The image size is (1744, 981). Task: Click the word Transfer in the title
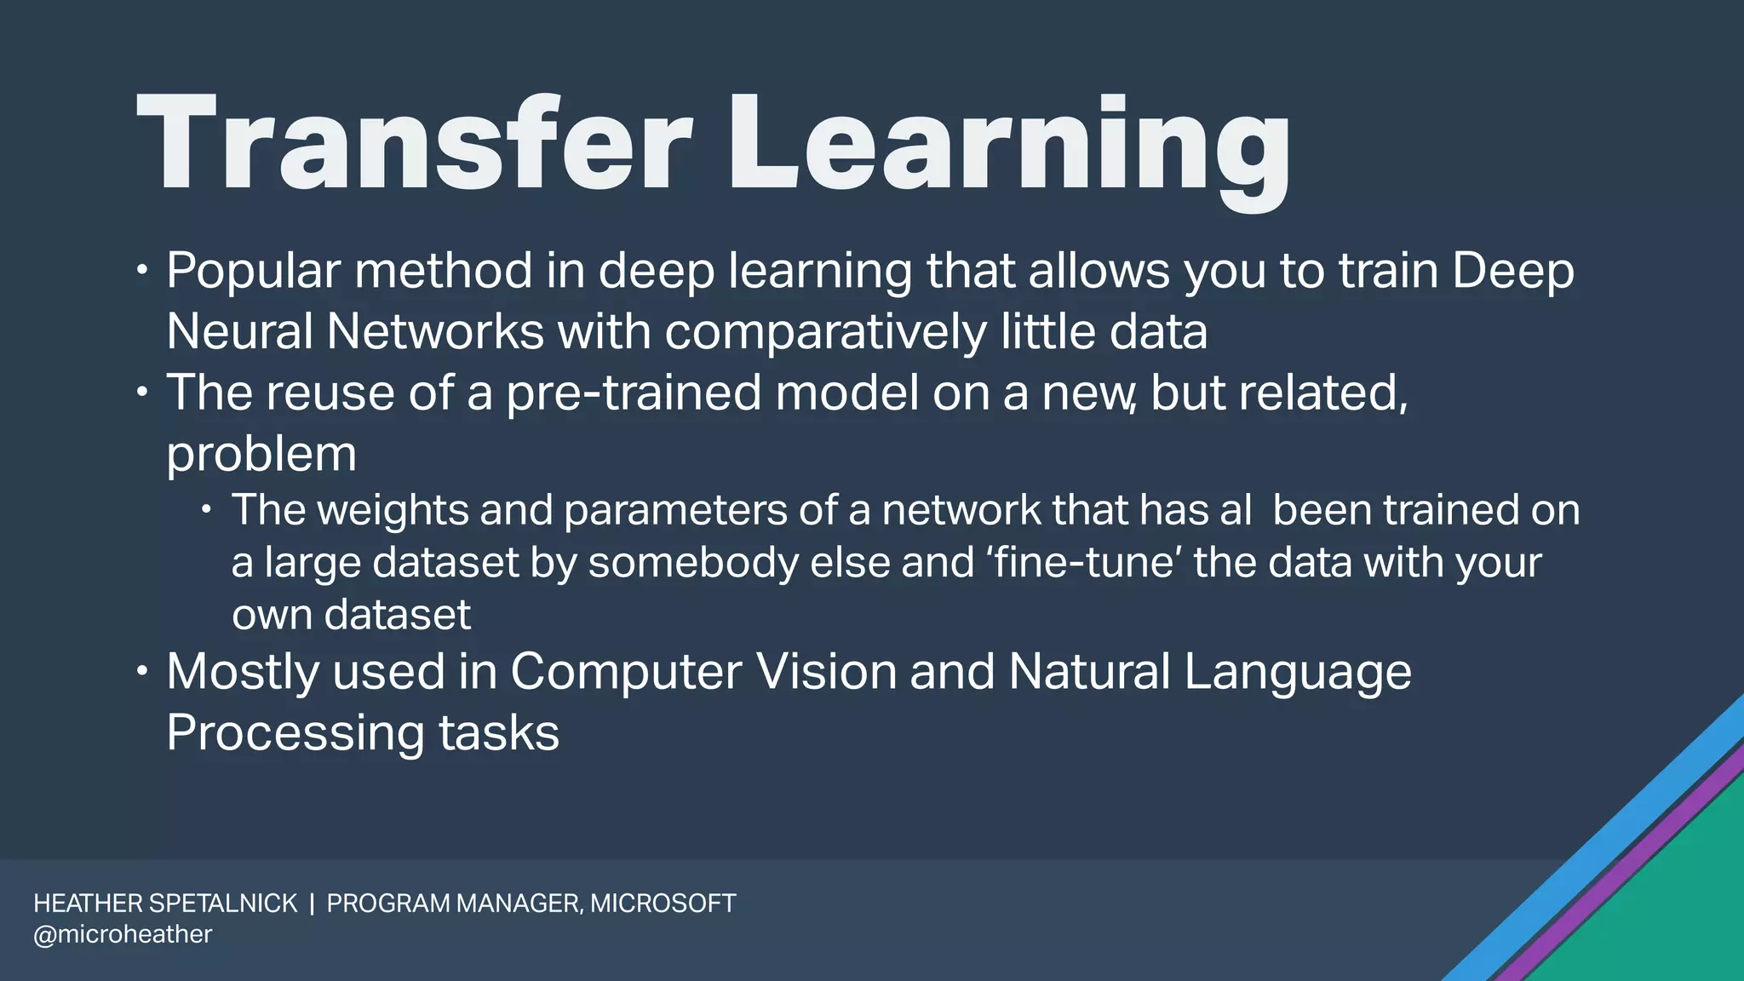(413, 145)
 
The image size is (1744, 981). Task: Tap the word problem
(261, 455)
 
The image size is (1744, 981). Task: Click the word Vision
(826, 672)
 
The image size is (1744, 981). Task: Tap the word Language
(1297, 672)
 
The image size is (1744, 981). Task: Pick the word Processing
(295, 732)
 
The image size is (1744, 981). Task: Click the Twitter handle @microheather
(123, 934)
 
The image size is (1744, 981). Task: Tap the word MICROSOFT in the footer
(663, 904)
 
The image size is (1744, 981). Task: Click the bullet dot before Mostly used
(142, 672)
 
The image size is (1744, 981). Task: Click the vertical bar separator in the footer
(313, 904)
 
